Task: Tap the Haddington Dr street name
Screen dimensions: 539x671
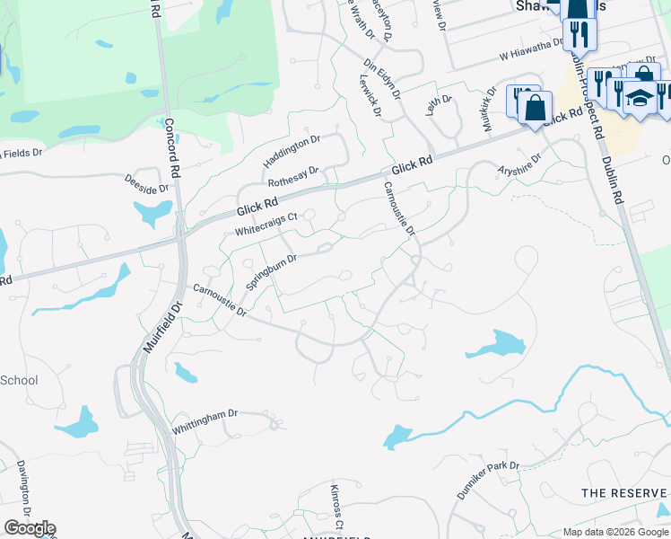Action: pos(292,151)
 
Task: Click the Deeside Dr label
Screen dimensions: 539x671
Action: pos(147,183)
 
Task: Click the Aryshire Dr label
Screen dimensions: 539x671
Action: pos(522,168)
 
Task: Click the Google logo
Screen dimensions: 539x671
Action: pos(30,528)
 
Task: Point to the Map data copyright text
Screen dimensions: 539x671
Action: pos(615,532)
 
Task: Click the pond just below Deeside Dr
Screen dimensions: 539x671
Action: pos(152,212)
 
